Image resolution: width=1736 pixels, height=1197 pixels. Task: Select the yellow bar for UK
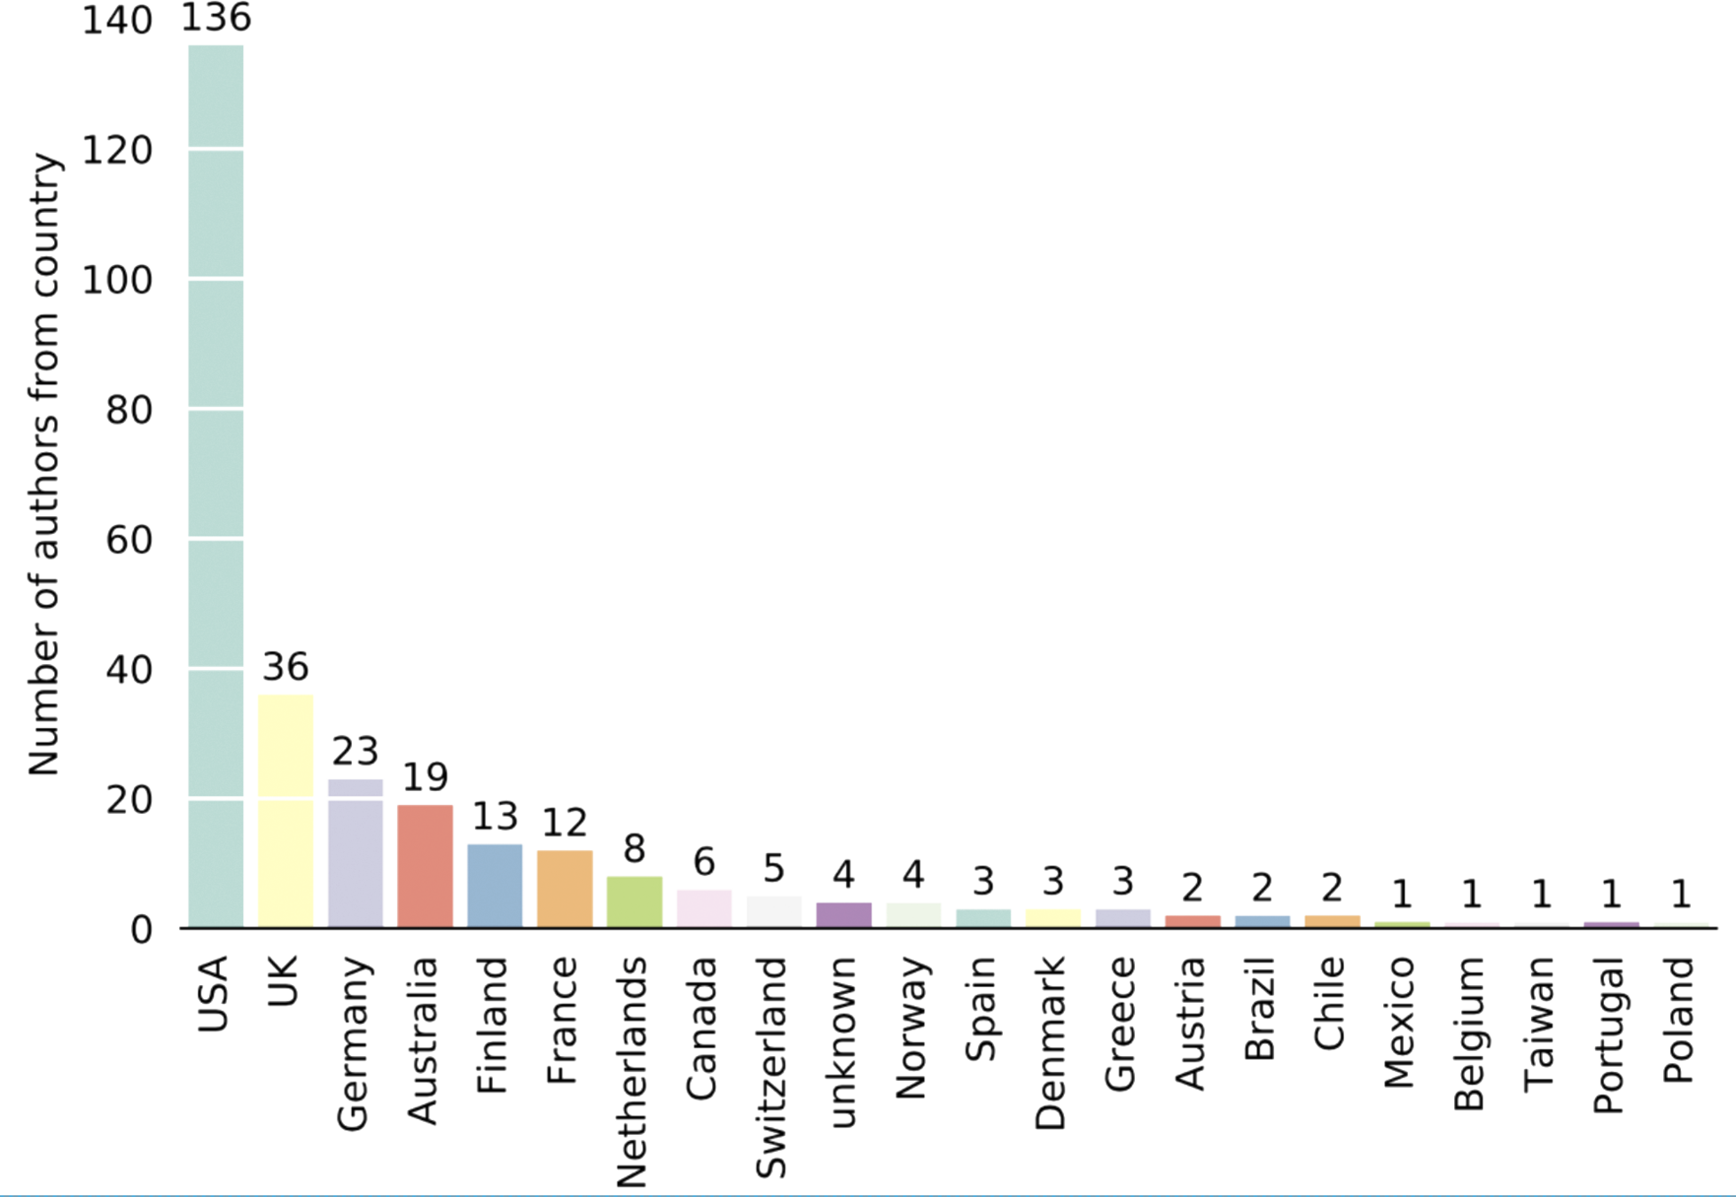pyautogui.click(x=285, y=810)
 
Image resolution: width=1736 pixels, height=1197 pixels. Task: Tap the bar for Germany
pyautogui.click(x=355, y=852)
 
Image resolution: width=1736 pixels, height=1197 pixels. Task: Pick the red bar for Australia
pyautogui.click(x=425, y=864)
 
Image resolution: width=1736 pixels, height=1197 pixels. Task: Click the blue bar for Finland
pyautogui.click(x=495, y=884)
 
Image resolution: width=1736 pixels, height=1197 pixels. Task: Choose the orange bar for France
pyautogui.click(x=565, y=888)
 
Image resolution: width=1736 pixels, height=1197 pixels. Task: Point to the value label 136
pyautogui.click(x=215, y=18)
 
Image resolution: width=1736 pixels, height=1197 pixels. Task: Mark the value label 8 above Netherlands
pyautogui.click(x=635, y=849)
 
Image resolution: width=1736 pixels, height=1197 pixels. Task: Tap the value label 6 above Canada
pyautogui.click(x=704, y=862)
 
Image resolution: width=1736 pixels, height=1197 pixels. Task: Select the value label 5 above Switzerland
pyautogui.click(x=774, y=869)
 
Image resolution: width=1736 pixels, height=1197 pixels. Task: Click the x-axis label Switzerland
pyautogui.click(x=771, y=1067)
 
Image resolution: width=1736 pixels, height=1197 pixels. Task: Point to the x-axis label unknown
pyautogui.click(x=842, y=1042)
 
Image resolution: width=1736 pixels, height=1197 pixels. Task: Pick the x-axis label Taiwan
pyautogui.click(x=1541, y=1021)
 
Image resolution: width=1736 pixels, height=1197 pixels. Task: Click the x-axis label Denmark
pyautogui.click(x=1052, y=1043)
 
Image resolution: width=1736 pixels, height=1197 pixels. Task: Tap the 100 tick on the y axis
pyautogui.click(x=117, y=281)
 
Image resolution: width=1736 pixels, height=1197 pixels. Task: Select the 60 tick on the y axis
pyautogui.click(x=129, y=540)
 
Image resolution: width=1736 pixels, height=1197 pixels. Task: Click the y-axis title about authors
pyautogui.click(x=44, y=465)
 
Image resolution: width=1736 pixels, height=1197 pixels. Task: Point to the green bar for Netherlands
pyautogui.click(x=635, y=900)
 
